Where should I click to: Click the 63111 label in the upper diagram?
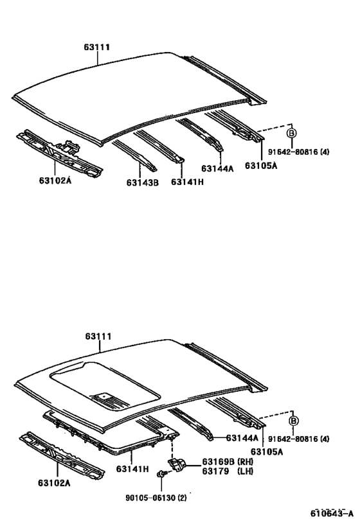coord(97,47)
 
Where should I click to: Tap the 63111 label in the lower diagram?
coord(98,336)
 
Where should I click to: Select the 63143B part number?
coord(142,182)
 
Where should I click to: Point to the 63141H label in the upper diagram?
coord(187,182)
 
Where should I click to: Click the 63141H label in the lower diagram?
coord(132,469)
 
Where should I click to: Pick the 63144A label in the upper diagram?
coord(217,168)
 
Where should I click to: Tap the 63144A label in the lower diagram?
coord(242,438)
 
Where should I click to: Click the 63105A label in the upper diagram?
coord(261,166)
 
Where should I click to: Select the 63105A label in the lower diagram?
coord(267,452)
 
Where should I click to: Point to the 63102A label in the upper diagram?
coord(55,180)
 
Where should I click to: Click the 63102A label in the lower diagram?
coord(54,483)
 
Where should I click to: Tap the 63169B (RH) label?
coord(228,461)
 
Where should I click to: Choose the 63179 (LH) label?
coord(228,471)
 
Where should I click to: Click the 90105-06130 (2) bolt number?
coord(156,498)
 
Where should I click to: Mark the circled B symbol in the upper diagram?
coord(291,133)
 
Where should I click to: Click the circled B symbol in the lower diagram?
coord(294,421)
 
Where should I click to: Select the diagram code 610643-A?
coord(332,513)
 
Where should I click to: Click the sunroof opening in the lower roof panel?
coord(105,386)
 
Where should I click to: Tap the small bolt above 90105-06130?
coord(162,474)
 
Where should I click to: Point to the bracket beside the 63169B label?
coord(177,464)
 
